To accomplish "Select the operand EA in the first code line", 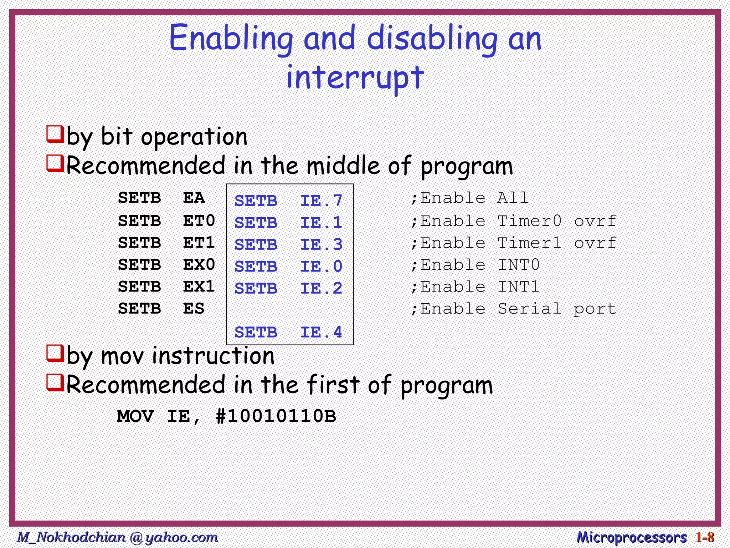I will click(194, 198).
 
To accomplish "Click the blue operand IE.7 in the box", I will click(321, 201).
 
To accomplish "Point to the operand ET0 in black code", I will click(199, 221).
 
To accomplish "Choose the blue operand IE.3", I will click(321, 245).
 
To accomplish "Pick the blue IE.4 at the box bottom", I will click(321, 333).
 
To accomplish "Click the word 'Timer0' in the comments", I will click(529, 221).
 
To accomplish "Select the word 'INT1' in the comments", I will click(518, 287).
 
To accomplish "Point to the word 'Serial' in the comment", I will click(529, 309).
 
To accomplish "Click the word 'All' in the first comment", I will click(513, 198).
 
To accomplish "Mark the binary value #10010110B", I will click(276, 416).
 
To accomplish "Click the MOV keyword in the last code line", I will click(135, 416).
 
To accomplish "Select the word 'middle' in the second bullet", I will click(343, 166).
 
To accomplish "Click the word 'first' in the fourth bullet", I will click(333, 385).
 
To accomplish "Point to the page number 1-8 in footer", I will click(705, 537).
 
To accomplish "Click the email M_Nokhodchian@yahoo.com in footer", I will click(118, 537).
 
